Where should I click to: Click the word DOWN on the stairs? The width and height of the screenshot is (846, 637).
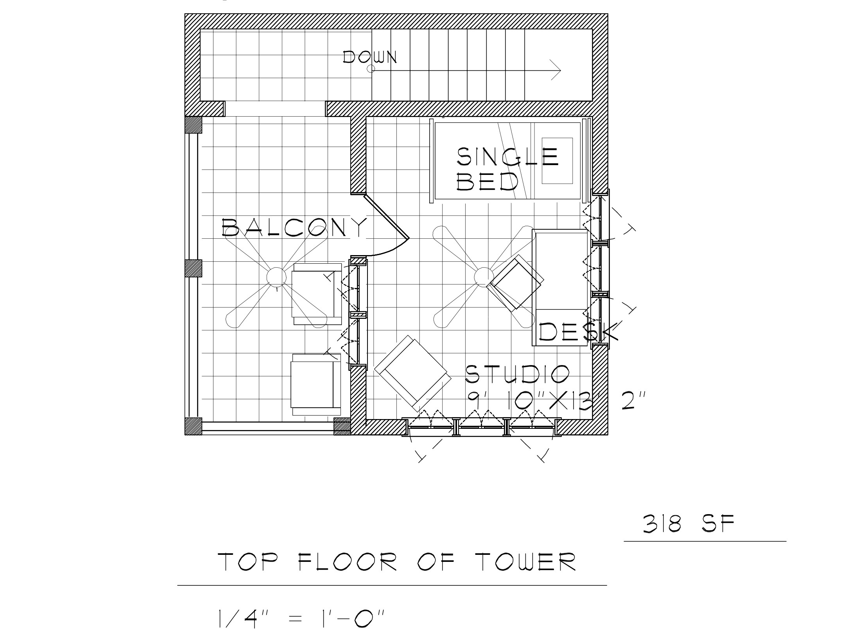pos(370,57)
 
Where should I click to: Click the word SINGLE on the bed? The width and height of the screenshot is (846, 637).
pos(507,157)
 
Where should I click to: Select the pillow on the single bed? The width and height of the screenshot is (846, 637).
pos(557,160)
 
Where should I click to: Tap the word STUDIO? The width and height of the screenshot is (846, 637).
pos(518,374)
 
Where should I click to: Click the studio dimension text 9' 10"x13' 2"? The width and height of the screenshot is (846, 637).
pos(556,401)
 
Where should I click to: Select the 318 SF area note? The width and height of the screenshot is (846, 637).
pos(689,524)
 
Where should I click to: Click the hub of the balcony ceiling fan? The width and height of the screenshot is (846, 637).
pos(276,277)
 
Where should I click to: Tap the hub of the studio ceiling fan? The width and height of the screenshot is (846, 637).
pos(484,277)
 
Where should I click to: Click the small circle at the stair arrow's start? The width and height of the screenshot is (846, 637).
pos(371,69)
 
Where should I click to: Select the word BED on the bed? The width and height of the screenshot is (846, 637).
pos(488,181)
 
